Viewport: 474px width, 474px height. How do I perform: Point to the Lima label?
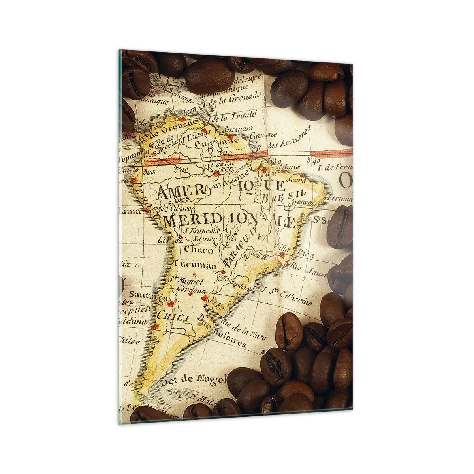pyautogui.click(x=130, y=212)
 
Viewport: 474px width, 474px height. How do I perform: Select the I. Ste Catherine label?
pyautogui.click(x=291, y=297)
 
